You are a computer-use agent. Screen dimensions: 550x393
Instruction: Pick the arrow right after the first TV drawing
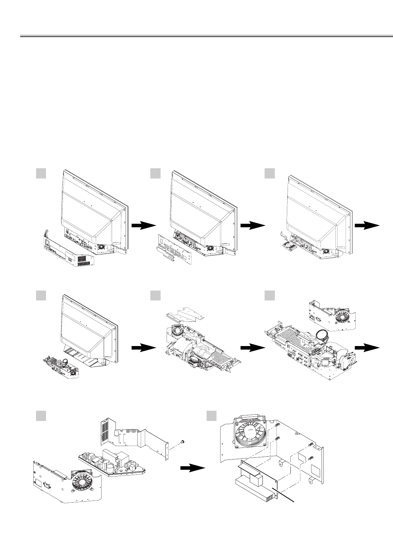click(x=144, y=227)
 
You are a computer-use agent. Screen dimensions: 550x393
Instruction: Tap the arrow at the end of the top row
click(x=367, y=227)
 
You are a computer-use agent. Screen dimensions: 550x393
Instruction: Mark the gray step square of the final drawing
click(x=212, y=416)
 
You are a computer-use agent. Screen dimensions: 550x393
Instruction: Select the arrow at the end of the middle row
click(x=367, y=348)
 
